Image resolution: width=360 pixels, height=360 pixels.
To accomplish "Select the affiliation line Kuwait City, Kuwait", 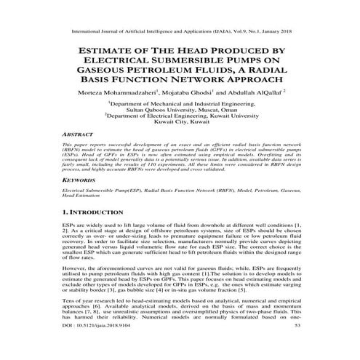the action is [180, 131].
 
